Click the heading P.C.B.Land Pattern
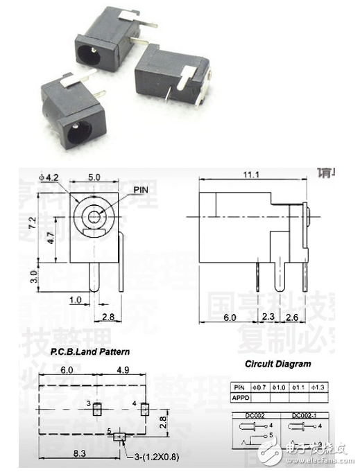(91, 351)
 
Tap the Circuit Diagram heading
(277, 363)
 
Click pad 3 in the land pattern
(97, 408)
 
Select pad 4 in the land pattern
(145, 408)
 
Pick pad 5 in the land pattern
(121, 436)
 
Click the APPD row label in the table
(239, 398)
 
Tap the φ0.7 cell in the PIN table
(260, 387)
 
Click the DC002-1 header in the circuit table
(304, 414)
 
